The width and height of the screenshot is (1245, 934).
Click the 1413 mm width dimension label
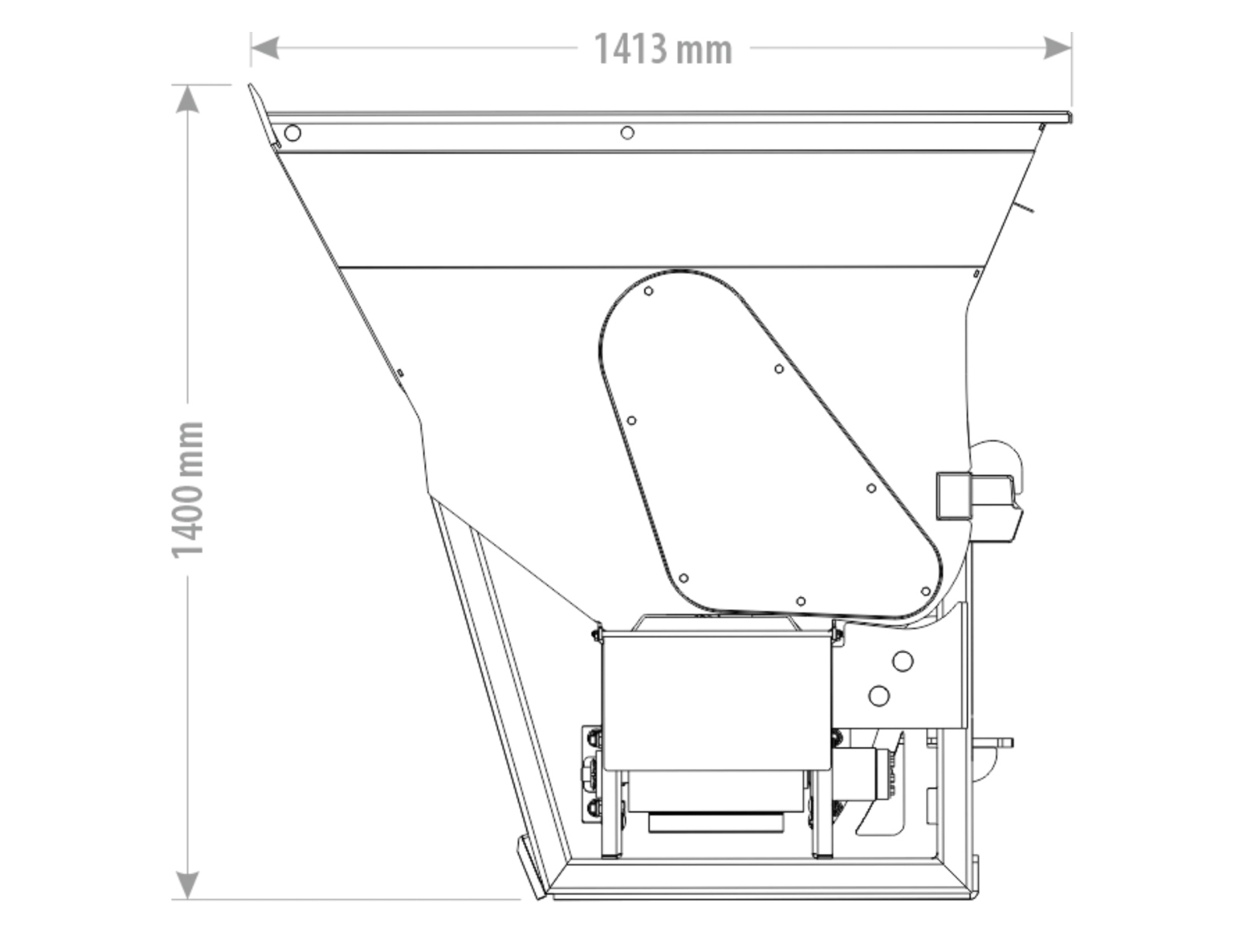[x=663, y=49]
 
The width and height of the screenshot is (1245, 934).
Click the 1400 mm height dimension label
[x=188, y=490]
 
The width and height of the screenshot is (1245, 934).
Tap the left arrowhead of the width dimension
[x=265, y=47]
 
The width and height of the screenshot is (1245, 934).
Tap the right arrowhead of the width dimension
[x=1057, y=47]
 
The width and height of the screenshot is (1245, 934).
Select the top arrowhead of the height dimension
[x=188, y=100]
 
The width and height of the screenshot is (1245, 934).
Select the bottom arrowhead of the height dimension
[x=188, y=885]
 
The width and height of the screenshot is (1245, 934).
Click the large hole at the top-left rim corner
[x=292, y=133]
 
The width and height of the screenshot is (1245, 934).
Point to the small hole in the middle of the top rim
[x=626, y=132]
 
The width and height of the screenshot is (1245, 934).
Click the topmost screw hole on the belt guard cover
[x=649, y=291]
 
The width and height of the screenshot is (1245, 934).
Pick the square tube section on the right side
[x=953, y=495]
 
